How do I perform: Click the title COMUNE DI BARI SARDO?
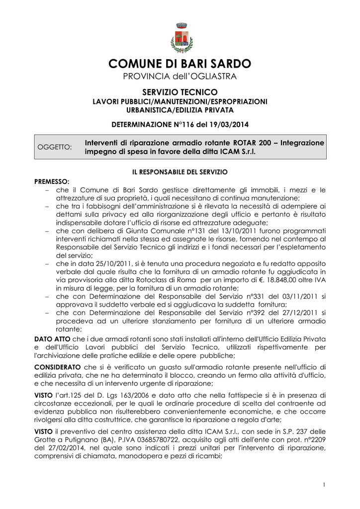point(180,64)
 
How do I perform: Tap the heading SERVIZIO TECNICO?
point(180,92)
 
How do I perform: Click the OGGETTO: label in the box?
point(55,147)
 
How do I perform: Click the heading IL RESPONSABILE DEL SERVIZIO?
point(180,171)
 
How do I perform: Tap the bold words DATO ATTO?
point(49,339)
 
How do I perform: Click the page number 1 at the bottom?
point(323,485)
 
